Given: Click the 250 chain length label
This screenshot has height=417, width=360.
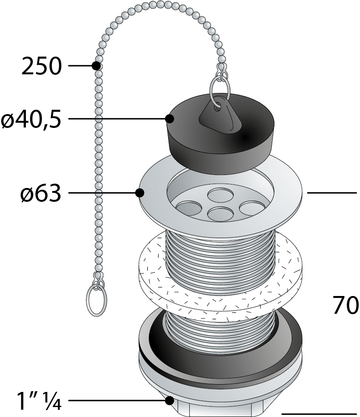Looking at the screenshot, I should [x=41, y=67].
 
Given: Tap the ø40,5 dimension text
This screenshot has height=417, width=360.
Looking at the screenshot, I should [x=31, y=119].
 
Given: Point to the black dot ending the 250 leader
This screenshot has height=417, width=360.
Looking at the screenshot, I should [x=96, y=66].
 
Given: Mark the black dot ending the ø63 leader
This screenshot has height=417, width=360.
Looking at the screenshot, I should [x=140, y=193].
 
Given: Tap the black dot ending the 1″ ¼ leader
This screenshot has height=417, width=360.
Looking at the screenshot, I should [x=169, y=401].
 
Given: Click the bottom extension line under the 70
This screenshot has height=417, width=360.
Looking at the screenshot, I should [x=320, y=413].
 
